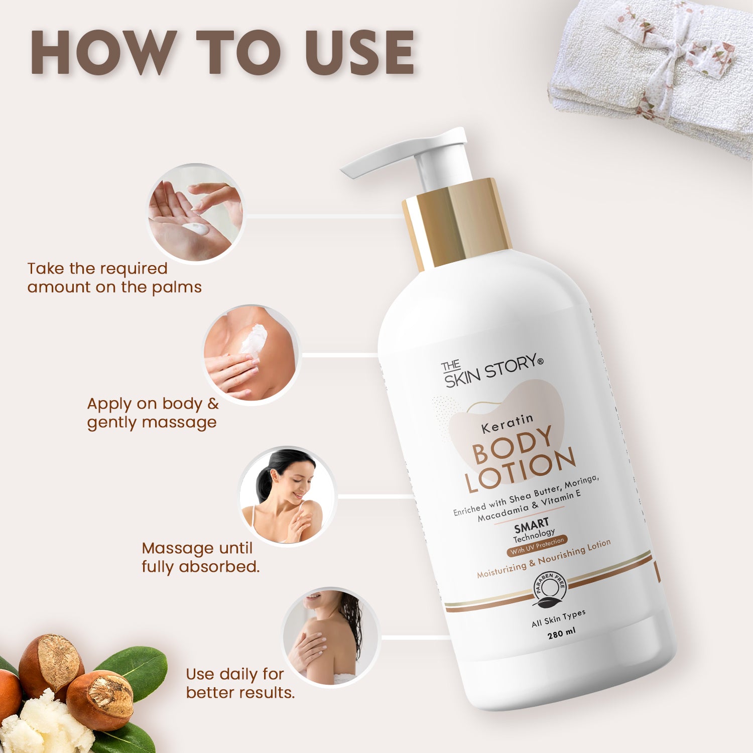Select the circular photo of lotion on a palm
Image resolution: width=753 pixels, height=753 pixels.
pyautogui.click(x=196, y=213)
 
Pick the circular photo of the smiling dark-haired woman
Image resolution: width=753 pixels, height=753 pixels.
pyautogui.click(x=287, y=495)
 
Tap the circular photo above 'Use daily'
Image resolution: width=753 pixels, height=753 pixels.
pyautogui.click(x=330, y=637)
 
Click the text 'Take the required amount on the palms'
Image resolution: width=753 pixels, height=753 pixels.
pyautogui.click(x=114, y=278)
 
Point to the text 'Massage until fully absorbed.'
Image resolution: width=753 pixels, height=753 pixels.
pyautogui.click(x=201, y=557)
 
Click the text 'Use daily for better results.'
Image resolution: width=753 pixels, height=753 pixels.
pyautogui.click(x=240, y=683)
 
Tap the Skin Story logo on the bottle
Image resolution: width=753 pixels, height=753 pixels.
pyautogui.click(x=492, y=371)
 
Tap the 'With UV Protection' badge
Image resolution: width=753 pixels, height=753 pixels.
pyautogui.click(x=537, y=546)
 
